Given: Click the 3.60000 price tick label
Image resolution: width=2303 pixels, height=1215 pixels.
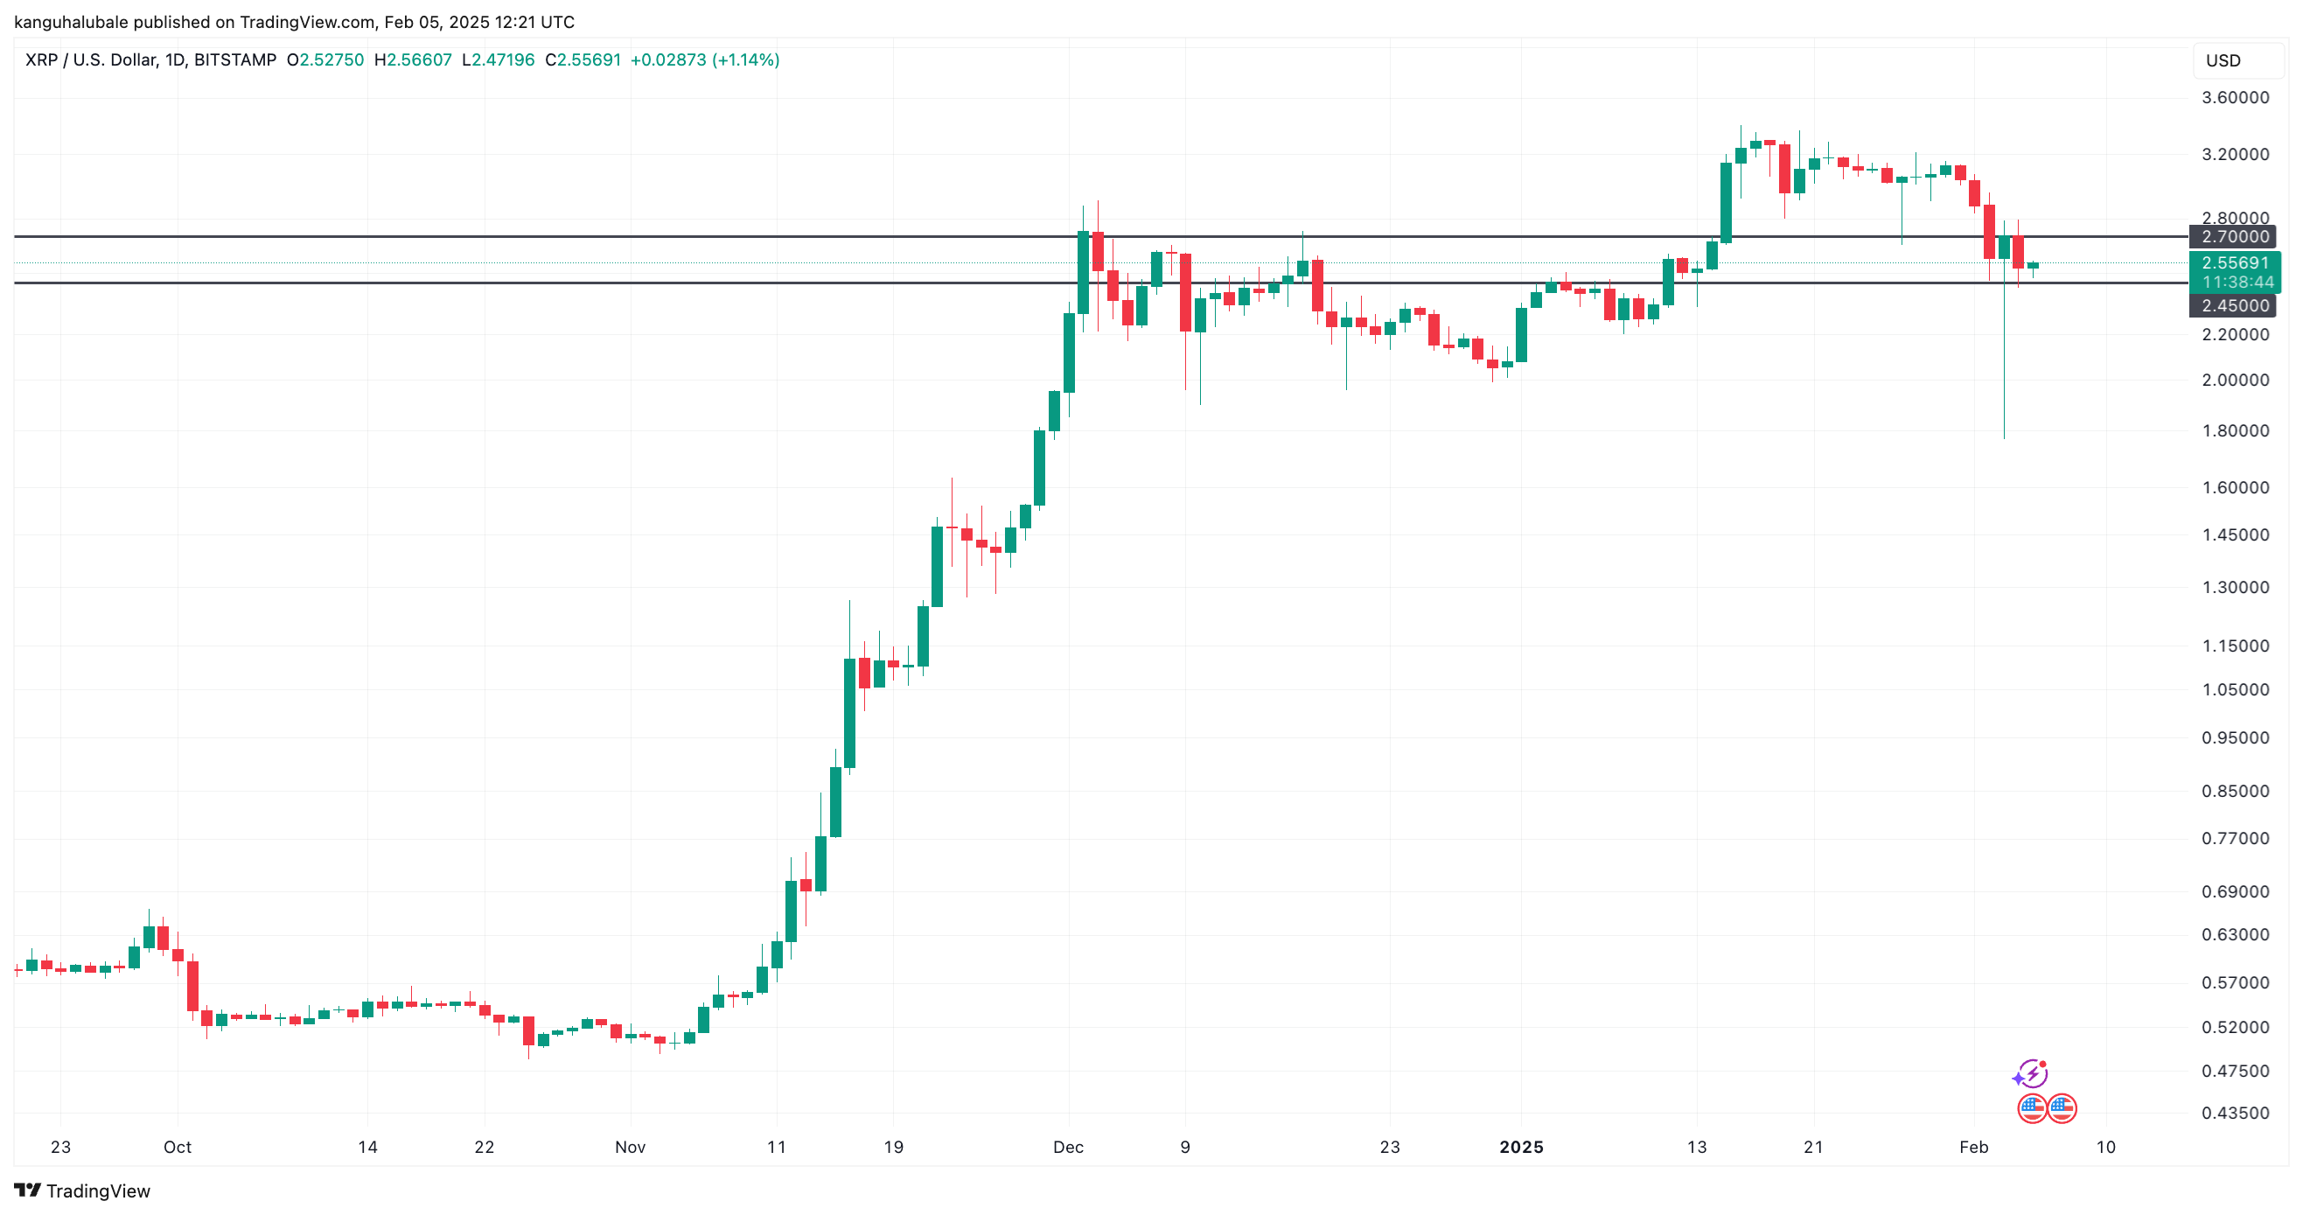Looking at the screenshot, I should pos(2234,97).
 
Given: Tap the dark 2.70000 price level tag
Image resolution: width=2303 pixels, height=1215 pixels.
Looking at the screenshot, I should pos(2232,237).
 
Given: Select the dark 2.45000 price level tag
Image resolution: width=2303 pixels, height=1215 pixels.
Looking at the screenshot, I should pos(2232,306).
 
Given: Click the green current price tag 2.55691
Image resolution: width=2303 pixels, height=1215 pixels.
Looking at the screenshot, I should pos(2234,262).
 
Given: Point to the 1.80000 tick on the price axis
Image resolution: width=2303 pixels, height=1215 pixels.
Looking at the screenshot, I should pos(2234,431).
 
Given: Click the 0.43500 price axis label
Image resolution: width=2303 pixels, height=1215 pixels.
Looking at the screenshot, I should pos(2234,1113).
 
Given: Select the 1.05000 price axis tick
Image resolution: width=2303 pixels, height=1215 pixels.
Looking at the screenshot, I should pos(2234,690).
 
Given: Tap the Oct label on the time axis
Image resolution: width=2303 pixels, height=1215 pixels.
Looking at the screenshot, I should pos(177,1147).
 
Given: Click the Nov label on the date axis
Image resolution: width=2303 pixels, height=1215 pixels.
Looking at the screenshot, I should pos(631,1147).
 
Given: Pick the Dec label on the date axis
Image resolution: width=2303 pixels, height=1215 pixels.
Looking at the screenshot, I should pos(1068,1147).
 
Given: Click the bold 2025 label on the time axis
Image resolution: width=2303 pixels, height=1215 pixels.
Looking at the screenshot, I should pos(1521,1147).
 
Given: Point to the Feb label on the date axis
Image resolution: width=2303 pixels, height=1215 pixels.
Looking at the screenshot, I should pos(1973,1147).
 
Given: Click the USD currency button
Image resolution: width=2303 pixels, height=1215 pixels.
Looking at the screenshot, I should pos(2223,61).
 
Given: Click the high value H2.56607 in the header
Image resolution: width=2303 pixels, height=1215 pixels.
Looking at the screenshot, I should pos(413,59).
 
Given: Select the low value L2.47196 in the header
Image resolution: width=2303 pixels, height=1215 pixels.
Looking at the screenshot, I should pos(498,59).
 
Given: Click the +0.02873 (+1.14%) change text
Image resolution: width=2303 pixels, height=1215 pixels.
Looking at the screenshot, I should pos(704,59).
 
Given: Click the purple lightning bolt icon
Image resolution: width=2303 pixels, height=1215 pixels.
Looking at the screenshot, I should pos(2032,1072).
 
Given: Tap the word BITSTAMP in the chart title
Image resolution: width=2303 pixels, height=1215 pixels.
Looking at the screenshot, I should pos(235,59).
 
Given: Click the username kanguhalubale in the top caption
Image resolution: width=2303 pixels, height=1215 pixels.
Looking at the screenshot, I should pos(72,22).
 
